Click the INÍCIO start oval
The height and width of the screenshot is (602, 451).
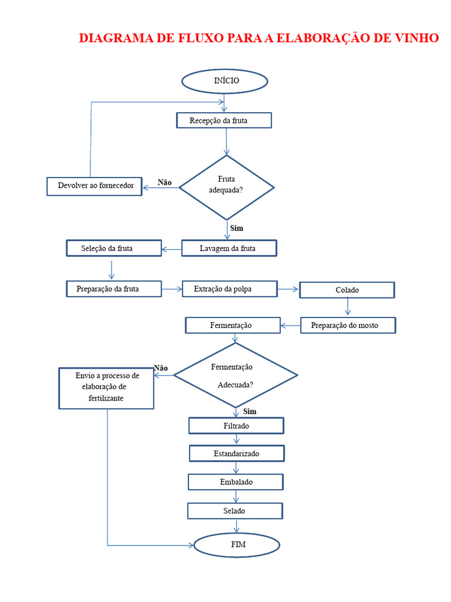click(x=225, y=81)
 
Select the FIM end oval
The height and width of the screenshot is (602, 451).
click(x=237, y=545)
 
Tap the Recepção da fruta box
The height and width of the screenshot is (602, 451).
click(x=224, y=120)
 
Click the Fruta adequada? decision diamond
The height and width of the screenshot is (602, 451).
click(x=227, y=188)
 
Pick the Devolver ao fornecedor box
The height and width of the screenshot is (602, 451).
click(x=95, y=186)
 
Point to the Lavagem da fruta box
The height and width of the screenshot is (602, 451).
click(x=229, y=248)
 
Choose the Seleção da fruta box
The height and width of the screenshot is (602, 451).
click(x=114, y=248)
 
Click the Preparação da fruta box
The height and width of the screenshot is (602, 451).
click(x=114, y=289)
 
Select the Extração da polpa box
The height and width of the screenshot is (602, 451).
click(x=230, y=289)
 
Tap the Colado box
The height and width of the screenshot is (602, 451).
click(x=347, y=290)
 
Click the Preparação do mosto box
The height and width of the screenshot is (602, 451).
click(x=348, y=325)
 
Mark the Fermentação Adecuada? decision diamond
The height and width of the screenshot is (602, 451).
click(x=235, y=375)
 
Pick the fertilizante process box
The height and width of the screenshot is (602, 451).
click(x=106, y=388)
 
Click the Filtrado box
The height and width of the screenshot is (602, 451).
click(x=236, y=426)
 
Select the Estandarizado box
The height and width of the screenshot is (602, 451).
click(x=237, y=453)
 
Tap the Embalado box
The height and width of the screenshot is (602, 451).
click(x=235, y=482)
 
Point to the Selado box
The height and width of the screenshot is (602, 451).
click(x=235, y=511)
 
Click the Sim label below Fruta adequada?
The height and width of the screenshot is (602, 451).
click(x=237, y=228)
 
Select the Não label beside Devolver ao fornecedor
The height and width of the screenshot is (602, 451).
click(x=164, y=182)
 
